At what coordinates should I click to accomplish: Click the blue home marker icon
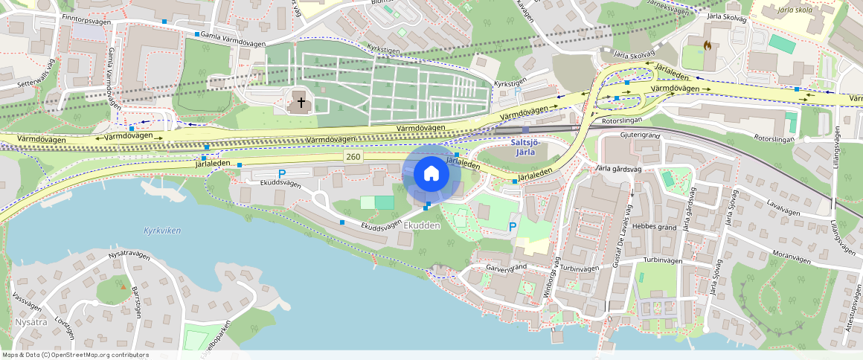(431, 174)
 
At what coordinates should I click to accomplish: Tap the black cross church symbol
(301, 101)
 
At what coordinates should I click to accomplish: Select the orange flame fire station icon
(707, 45)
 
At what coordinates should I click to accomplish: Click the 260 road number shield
(353, 157)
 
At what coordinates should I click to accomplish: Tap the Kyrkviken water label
(162, 231)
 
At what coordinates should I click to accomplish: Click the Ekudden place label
(422, 225)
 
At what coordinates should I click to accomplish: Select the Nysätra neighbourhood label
(31, 323)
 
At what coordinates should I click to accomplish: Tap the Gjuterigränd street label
(639, 136)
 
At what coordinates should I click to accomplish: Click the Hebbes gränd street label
(655, 226)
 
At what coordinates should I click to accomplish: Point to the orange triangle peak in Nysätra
(123, 286)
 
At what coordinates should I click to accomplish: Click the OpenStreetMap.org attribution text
(75, 355)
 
